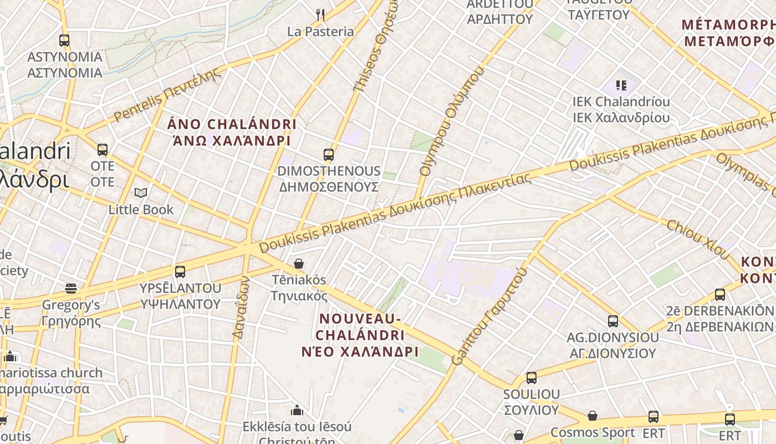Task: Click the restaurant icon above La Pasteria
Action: pyautogui.click(x=320, y=15)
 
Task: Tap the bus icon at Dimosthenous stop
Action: pyautogui.click(x=329, y=154)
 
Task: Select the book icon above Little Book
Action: pyautogui.click(x=141, y=193)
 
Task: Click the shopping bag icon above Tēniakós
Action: pyautogui.click(x=299, y=263)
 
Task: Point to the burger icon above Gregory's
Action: pyautogui.click(x=71, y=288)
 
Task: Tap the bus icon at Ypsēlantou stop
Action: pyautogui.click(x=180, y=271)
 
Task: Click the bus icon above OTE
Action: pyautogui.click(x=103, y=149)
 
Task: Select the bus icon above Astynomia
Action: pyautogui.click(x=64, y=40)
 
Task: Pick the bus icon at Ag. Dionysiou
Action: pyautogui.click(x=612, y=321)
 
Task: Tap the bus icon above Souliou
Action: pyautogui.click(x=531, y=377)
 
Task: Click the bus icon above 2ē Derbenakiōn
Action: pyautogui.click(x=719, y=294)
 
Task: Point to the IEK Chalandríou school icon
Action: pyautogui.click(x=621, y=85)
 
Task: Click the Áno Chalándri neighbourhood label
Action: pyautogui.click(x=232, y=132)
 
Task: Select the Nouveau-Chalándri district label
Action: pyautogui.click(x=360, y=335)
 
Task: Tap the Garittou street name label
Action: pyautogui.click(x=489, y=316)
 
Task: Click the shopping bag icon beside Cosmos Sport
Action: pyautogui.click(x=592, y=416)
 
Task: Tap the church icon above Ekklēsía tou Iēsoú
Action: pyautogui.click(x=297, y=410)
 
